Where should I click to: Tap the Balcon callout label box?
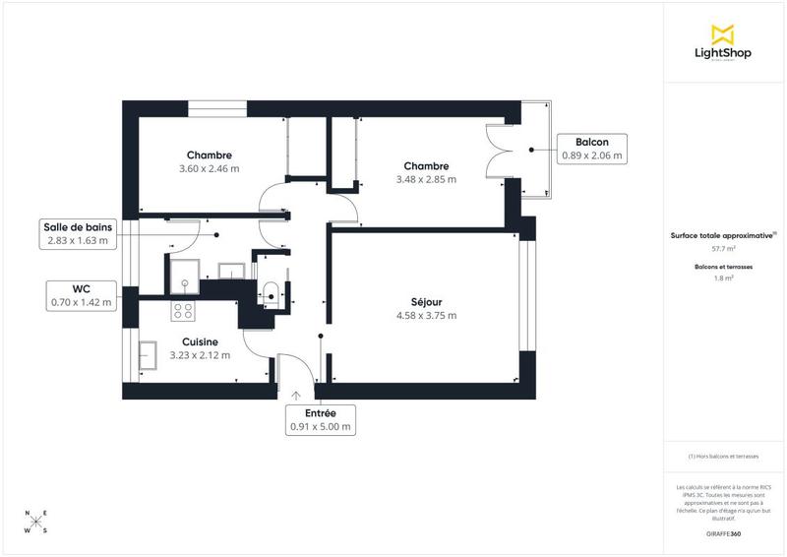click(591, 148)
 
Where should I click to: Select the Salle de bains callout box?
click(80, 233)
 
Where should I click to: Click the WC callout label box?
click(82, 295)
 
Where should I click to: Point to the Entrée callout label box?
click(321, 421)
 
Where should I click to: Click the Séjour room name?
click(426, 301)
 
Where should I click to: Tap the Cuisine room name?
click(200, 341)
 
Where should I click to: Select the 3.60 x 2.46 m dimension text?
click(210, 169)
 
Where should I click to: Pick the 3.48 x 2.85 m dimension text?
click(426, 179)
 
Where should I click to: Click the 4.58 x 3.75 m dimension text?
click(426, 315)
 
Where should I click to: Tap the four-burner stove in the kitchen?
click(183, 311)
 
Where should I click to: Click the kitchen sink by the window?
click(151, 354)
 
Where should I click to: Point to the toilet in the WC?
click(271, 291)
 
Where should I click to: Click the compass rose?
click(36, 522)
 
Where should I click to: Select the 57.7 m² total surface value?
click(723, 249)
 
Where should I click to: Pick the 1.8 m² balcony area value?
click(723, 278)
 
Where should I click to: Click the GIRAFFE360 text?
click(723, 532)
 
